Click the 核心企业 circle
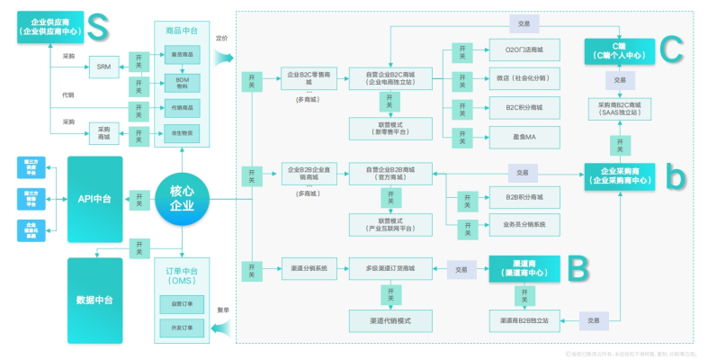[x=183, y=198]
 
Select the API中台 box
[x=94, y=198]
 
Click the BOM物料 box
[x=183, y=82]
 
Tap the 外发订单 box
[x=183, y=329]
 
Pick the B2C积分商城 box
[x=524, y=108]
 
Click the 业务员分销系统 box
[x=524, y=222]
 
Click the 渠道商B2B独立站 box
[x=524, y=319]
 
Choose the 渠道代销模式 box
[x=390, y=319]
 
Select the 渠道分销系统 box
[x=309, y=267]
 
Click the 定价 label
[x=221, y=39]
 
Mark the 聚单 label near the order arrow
[x=221, y=310]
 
